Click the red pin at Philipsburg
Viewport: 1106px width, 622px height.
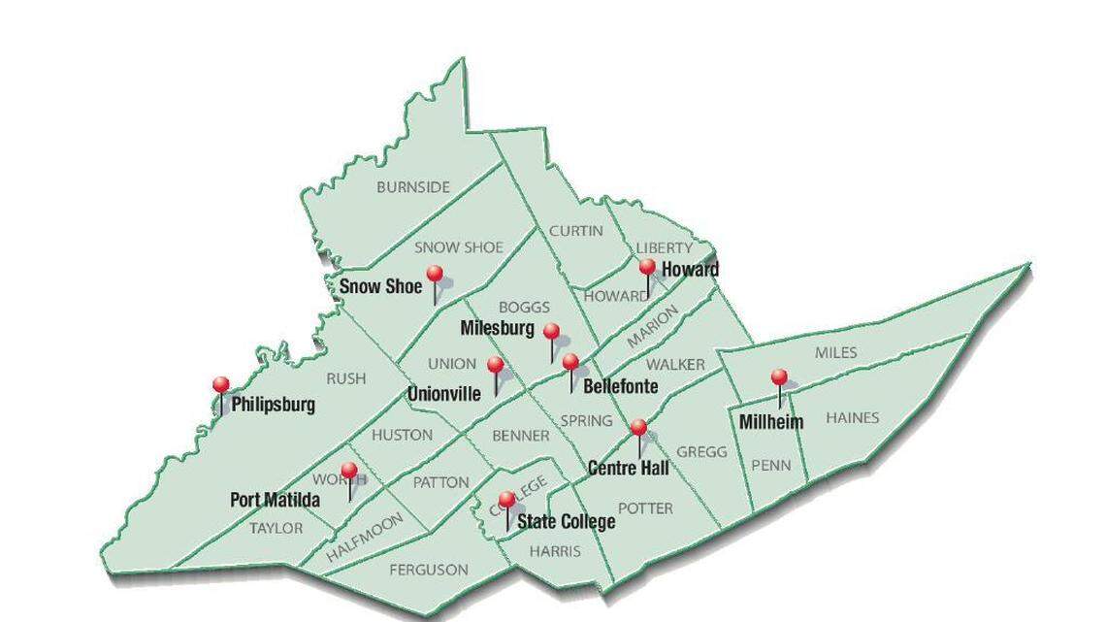coord(221,385)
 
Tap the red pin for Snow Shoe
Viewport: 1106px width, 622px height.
coord(435,275)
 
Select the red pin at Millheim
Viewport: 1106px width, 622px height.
coord(778,377)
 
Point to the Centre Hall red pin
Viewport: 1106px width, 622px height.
coord(637,427)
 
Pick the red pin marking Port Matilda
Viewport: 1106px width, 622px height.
coord(348,471)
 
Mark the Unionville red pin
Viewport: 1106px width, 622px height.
coord(495,365)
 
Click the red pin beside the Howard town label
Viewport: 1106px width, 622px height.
coord(647,266)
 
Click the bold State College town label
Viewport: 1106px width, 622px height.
coord(566,522)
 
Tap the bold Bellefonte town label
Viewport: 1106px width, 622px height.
coord(621,386)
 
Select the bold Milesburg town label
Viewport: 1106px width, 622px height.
coord(497,328)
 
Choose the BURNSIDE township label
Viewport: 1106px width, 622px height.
coord(413,187)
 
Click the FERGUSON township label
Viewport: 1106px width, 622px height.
coord(429,571)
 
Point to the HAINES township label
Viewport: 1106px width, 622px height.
coord(852,418)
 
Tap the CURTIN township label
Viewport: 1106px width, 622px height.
coord(576,231)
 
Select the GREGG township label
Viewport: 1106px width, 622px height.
coord(701,452)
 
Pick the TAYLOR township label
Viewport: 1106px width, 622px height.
coord(276,529)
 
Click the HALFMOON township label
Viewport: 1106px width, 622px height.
coord(364,539)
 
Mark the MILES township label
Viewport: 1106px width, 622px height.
coord(835,352)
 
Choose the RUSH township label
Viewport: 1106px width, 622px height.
coord(346,378)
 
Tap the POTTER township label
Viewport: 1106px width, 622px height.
coord(645,508)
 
